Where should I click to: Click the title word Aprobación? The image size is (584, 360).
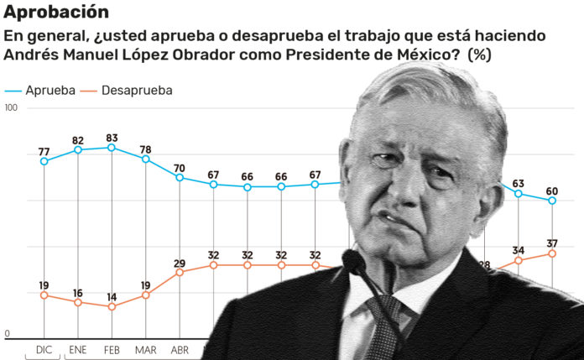(x=56, y=12)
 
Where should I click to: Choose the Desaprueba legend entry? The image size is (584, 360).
(x=136, y=90)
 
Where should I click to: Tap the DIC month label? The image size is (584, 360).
(x=44, y=348)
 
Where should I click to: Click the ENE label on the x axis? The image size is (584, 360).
(x=78, y=348)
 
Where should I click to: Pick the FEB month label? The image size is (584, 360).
(x=112, y=348)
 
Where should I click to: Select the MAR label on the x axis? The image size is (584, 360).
(x=145, y=348)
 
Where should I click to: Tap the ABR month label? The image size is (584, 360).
(x=180, y=348)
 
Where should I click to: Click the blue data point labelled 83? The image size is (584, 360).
(x=112, y=148)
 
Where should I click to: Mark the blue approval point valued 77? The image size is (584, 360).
(x=44, y=161)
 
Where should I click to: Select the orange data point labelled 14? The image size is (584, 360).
(x=112, y=306)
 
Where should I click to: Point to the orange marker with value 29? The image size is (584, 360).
(x=180, y=272)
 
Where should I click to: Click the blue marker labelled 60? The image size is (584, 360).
(x=552, y=201)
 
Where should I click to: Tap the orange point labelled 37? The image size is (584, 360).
(x=552, y=253)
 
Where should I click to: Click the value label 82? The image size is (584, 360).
(x=78, y=140)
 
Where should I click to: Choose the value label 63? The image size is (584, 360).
(x=519, y=184)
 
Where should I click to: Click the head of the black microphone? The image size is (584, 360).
(x=355, y=264)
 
